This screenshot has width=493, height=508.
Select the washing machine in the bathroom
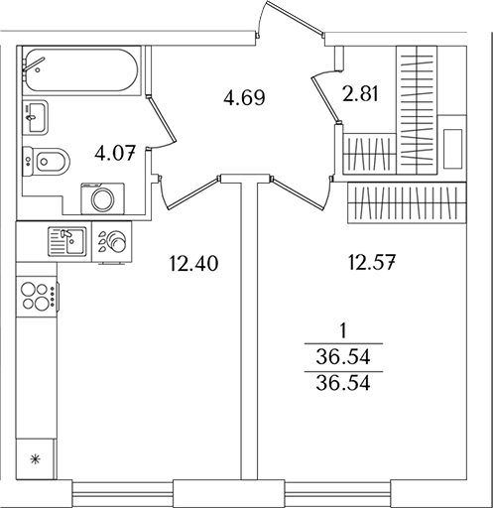pyautogui.click(x=103, y=197)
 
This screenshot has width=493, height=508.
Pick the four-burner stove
pyautogui.click(x=37, y=296)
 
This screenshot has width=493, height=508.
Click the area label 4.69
pyautogui.click(x=244, y=98)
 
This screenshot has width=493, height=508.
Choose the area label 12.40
pyautogui.click(x=192, y=264)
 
